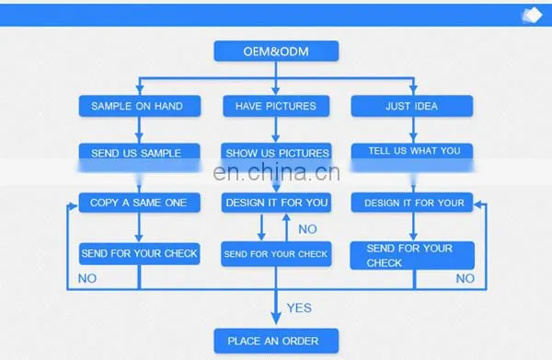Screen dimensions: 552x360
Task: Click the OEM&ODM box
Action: [276, 51]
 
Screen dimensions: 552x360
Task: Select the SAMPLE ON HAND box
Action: [140, 106]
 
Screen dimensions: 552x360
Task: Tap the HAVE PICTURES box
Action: [276, 106]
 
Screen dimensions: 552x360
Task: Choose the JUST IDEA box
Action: [412, 106]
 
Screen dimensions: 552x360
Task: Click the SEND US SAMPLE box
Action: [140, 157]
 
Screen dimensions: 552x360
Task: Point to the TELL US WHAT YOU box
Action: [412, 157]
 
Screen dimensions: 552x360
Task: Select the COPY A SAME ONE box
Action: [140, 203]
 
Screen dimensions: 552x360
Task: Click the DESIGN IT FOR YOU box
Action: [276, 203]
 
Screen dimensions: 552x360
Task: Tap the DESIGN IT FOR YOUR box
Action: [412, 203]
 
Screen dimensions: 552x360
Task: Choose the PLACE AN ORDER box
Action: [276, 341]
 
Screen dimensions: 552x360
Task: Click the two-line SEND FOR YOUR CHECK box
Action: [412, 255]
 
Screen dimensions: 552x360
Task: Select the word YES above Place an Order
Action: [299, 308]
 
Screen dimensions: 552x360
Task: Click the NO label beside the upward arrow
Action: [307, 229]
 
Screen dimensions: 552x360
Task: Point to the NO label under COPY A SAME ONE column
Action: [87, 279]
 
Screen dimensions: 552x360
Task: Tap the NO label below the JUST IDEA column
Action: [465, 279]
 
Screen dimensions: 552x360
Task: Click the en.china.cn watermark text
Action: [276, 172]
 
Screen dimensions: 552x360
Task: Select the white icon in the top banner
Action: [532, 15]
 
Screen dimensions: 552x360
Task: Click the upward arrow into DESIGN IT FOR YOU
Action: [286, 227]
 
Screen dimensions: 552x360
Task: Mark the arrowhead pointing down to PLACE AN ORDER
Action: [276, 317]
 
